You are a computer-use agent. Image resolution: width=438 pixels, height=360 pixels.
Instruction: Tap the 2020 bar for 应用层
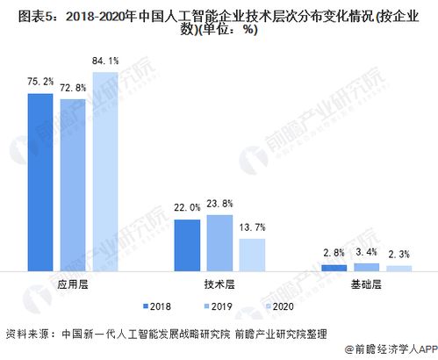tap(106, 167)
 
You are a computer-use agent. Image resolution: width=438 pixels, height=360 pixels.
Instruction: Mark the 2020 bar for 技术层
tap(252, 254)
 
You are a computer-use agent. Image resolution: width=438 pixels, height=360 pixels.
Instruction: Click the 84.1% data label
tap(107, 60)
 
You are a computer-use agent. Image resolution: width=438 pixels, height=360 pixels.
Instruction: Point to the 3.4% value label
tap(366, 254)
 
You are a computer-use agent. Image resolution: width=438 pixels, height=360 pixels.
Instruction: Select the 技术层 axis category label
tap(219, 284)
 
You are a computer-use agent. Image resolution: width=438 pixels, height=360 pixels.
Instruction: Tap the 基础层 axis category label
tap(365, 284)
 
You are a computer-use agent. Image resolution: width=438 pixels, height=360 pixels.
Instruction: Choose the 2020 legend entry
tap(277, 306)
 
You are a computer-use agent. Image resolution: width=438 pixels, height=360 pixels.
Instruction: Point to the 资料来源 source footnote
tap(167, 334)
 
